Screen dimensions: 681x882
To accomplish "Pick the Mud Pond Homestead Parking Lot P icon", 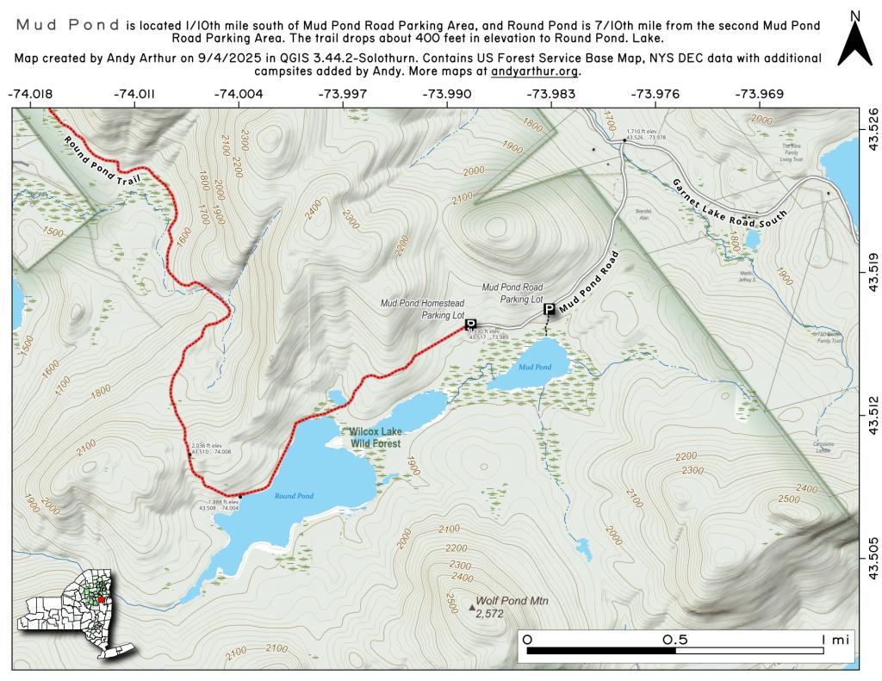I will click(x=470, y=324).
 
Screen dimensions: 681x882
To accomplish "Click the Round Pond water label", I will click(x=294, y=496).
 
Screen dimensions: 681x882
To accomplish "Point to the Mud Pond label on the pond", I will click(x=535, y=368).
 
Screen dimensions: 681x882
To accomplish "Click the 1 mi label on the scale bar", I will click(x=834, y=640).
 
